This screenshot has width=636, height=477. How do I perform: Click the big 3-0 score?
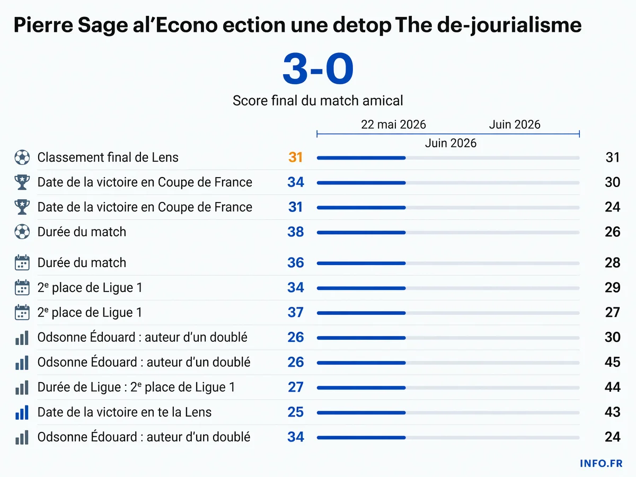(x=318, y=69)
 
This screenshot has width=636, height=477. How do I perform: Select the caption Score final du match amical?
(x=317, y=101)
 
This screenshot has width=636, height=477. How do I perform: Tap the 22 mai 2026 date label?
(x=393, y=125)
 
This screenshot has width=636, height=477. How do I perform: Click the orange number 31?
(x=295, y=157)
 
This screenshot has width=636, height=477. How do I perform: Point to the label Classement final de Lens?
(x=108, y=157)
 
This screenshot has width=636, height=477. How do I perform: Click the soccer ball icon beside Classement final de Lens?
(x=22, y=157)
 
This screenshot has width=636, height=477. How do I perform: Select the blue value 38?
(x=296, y=232)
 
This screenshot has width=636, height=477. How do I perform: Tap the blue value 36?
(x=296, y=262)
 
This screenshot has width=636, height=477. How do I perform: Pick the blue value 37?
(x=296, y=312)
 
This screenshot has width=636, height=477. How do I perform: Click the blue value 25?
(x=296, y=412)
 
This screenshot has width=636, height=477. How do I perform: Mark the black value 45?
(x=612, y=362)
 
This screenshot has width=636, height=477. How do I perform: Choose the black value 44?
(x=612, y=387)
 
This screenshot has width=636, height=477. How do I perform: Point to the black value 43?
(x=612, y=412)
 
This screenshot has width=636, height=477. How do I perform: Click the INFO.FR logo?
(x=601, y=463)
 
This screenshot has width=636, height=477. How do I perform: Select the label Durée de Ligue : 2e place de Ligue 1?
(x=136, y=387)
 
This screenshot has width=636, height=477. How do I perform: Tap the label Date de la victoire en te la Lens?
(x=125, y=412)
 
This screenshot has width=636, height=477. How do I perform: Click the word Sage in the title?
(x=103, y=25)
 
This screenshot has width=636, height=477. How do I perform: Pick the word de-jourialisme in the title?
(x=509, y=25)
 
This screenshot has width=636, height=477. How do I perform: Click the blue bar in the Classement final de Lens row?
(x=361, y=158)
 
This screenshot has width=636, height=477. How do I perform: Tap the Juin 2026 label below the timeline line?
(x=450, y=143)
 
